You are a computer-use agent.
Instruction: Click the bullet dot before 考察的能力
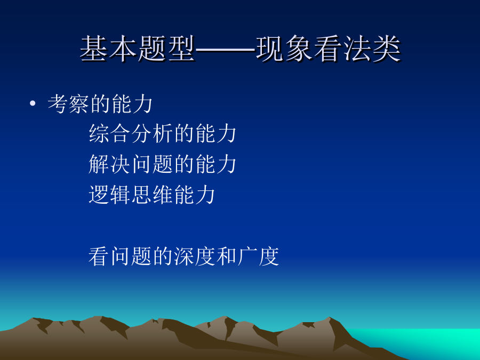pos(33,103)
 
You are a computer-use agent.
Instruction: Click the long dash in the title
pos(226,49)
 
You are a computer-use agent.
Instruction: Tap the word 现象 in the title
pos(284,49)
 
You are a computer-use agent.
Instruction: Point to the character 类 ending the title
pos(387,49)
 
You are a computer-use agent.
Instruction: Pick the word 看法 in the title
pos(343,49)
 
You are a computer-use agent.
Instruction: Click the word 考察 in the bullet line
pos(69,104)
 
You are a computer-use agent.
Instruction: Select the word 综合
pos(109,133)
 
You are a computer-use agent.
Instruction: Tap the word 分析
pos(152,133)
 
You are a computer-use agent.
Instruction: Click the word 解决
pos(109,164)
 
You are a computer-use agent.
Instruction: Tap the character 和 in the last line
pos(227,256)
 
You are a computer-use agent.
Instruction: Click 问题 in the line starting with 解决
pos(152,164)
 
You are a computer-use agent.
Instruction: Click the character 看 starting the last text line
pos(99,256)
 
